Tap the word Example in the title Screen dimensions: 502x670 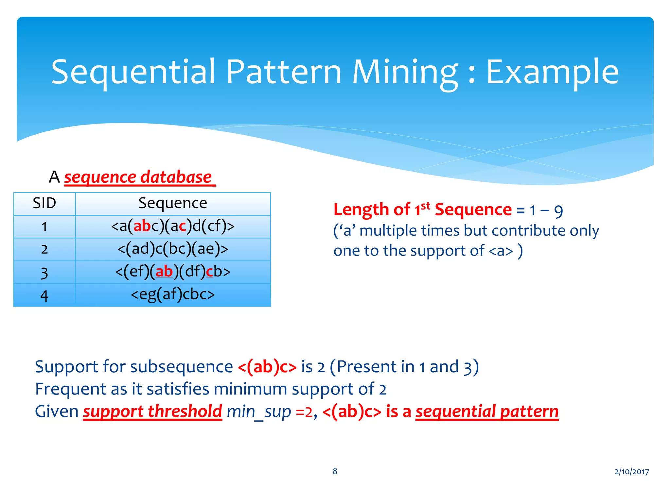[552, 72]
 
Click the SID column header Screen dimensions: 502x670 [44, 203]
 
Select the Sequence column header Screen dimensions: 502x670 [173, 203]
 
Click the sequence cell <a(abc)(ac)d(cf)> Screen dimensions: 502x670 [173, 226]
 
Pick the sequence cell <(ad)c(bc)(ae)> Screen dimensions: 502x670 [173, 249]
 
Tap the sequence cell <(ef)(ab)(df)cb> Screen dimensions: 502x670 [173, 272]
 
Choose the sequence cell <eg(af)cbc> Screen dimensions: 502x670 [173, 294]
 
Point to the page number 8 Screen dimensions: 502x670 [335, 471]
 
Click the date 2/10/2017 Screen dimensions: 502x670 [631, 471]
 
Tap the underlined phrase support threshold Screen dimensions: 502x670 [152, 411]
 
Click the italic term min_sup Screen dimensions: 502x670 [258, 411]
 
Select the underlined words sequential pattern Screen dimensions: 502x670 [487, 411]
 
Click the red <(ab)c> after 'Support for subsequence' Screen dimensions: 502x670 [267, 367]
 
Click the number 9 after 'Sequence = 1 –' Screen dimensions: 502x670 [558, 211]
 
